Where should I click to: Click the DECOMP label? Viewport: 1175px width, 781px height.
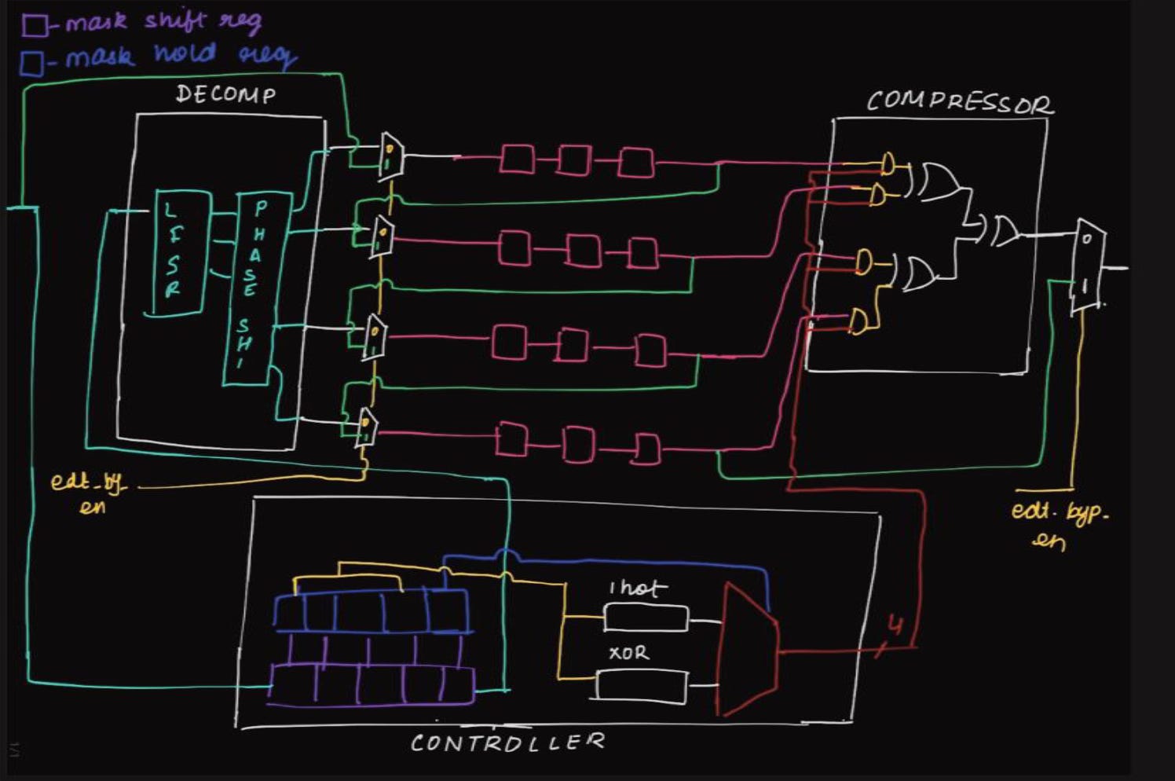225,95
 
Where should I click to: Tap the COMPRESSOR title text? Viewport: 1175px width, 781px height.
959,103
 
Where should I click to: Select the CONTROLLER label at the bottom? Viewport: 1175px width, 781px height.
507,742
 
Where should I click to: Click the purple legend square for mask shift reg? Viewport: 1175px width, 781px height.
34,25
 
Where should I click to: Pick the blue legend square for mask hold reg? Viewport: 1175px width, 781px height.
32,63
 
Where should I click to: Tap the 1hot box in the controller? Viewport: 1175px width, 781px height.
646,618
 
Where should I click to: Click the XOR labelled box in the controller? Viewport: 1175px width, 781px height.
641,684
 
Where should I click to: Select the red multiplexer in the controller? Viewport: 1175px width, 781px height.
749,649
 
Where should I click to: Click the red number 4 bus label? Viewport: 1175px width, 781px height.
895,625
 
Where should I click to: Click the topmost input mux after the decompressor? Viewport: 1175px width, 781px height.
390,156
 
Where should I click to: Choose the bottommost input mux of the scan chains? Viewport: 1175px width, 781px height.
367,427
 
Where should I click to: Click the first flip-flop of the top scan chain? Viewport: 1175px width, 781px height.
518,159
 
